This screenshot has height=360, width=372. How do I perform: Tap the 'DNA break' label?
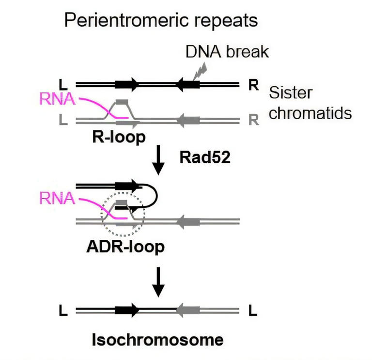pos(227,51)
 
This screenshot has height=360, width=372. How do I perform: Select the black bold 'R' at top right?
pos(253,85)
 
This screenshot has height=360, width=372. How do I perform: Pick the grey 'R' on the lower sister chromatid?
pos(253,119)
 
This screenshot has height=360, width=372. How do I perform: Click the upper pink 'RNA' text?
pos(57,99)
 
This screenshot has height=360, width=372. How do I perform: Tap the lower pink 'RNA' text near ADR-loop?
pos(57,198)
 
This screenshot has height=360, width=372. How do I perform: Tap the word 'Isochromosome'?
pos(158,340)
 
